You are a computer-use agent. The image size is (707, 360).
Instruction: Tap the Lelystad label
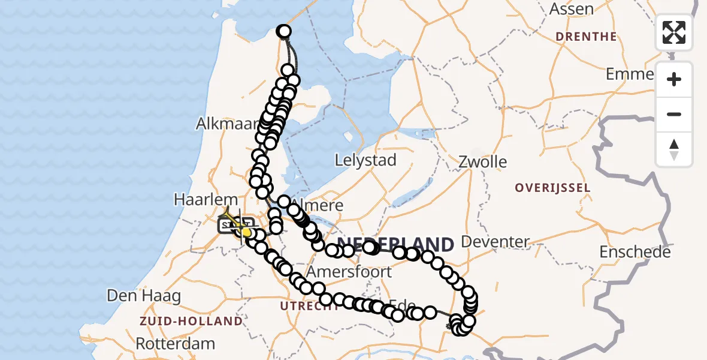[x=365, y=160]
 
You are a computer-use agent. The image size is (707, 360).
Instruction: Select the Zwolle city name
[x=482, y=162]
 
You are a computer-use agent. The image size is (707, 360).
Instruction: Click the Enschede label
[x=635, y=252]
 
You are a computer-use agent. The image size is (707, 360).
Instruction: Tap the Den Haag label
[x=144, y=295]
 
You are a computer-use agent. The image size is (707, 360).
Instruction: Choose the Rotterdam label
[x=175, y=344]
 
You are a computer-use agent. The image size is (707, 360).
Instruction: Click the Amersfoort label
[x=349, y=272]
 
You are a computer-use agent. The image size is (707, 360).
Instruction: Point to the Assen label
[x=572, y=9]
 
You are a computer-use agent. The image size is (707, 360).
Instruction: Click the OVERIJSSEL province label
[x=552, y=188]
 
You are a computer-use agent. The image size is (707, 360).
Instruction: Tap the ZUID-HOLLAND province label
[x=191, y=321]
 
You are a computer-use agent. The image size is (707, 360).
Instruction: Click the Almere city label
[x=324, y=205]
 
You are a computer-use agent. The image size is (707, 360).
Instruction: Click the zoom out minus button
[x=674, y=115]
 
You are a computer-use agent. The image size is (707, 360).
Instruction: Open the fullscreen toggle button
[x=674, y=32]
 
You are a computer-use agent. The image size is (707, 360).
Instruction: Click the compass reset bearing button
[x=674, y=149]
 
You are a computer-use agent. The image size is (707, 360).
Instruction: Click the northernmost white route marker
[x=284, y=31]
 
